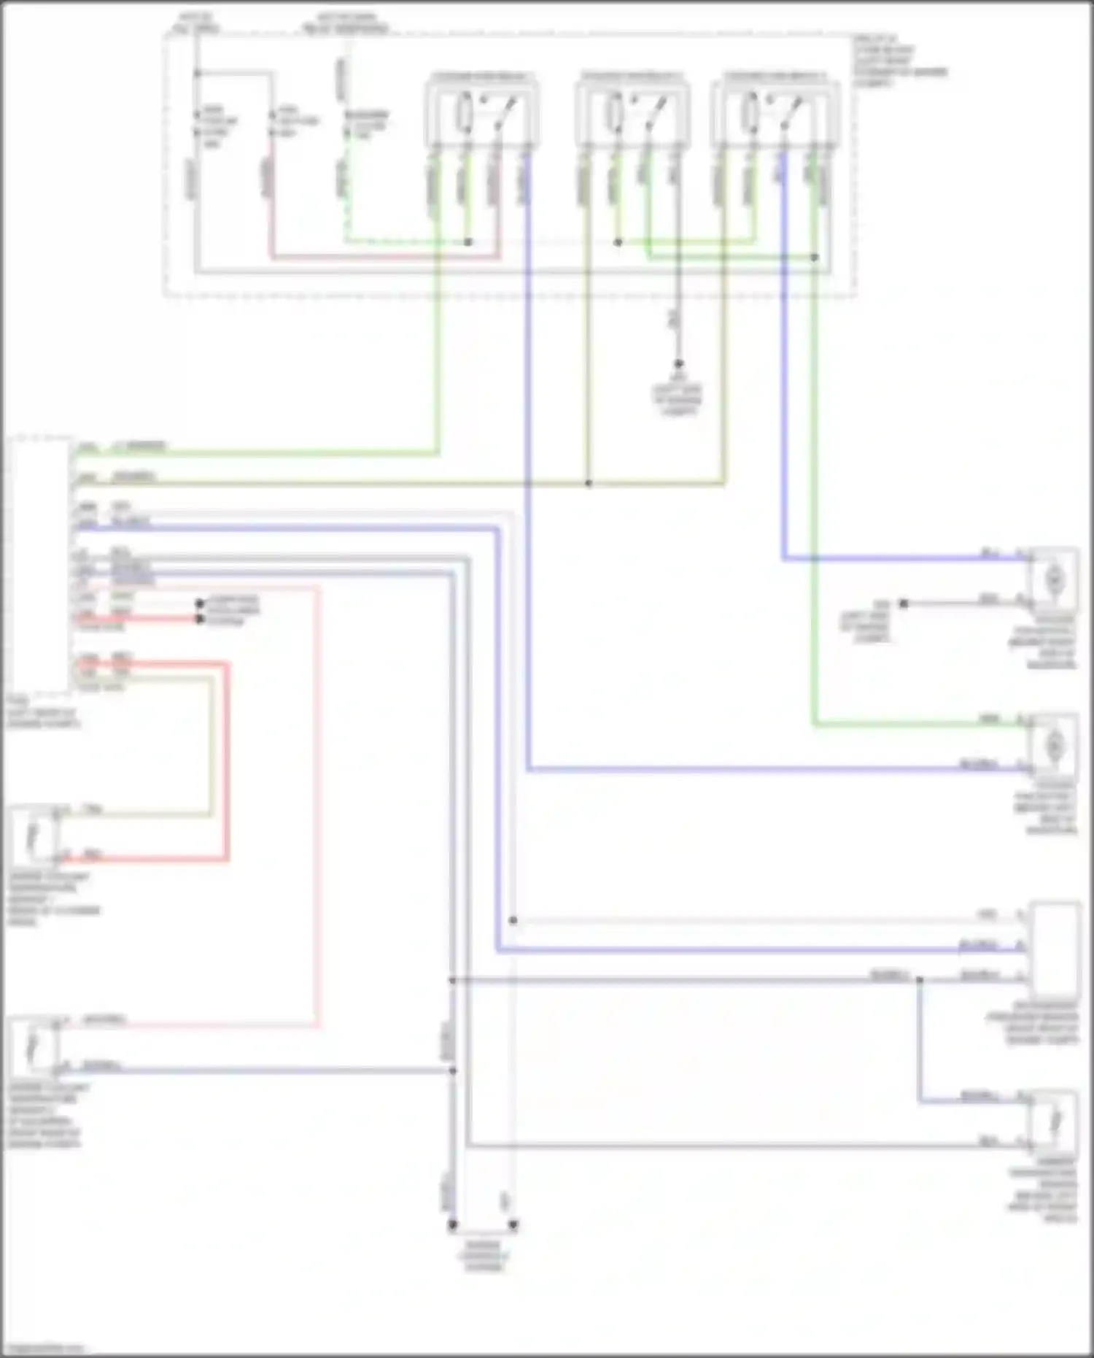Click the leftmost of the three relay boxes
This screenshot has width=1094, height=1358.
481,113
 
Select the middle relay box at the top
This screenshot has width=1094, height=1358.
632,113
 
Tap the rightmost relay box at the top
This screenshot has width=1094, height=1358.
775,113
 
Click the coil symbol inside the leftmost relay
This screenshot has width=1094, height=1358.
464,113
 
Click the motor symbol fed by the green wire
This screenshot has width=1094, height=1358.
1054,746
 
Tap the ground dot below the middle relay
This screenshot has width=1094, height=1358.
678,363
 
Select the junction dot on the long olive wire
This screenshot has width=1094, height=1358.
589,483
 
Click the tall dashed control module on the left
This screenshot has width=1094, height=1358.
40,566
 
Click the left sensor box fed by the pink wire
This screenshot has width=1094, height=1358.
34,1046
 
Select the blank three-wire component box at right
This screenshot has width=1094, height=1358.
1055,949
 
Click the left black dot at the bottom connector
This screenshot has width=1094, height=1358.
452,1225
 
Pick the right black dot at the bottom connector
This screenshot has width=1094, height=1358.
513,1225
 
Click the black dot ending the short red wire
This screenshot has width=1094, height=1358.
200,619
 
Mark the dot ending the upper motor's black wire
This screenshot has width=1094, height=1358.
904,603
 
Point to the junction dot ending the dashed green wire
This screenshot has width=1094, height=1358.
468,242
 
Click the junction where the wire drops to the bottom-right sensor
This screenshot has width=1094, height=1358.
919,980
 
